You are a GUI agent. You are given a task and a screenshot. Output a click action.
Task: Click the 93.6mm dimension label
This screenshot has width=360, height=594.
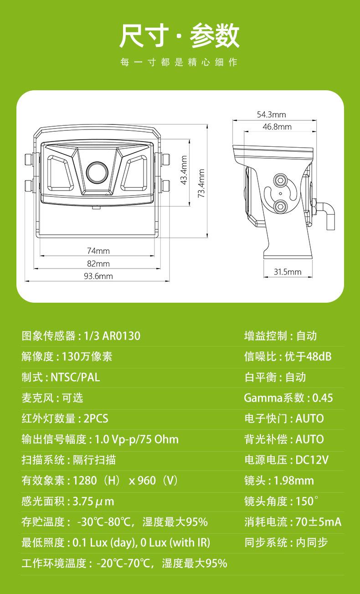pyautogui.click(x=98, y=276)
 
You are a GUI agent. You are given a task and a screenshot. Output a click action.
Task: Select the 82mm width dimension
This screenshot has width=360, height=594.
pyautogui.click(x=98, y=263)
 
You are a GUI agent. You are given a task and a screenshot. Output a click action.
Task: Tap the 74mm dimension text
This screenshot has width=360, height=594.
pyautogui.click(x=98, y=251)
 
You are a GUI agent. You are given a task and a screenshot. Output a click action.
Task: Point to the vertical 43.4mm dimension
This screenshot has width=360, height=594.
pyautogui.click(x=184, y=170)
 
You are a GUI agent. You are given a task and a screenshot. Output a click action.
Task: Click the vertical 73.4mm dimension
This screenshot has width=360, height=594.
pyautogui.click(x=201, y=183)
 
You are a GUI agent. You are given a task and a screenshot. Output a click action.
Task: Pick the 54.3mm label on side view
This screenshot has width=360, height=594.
pyautogui.click(x=272, y=114)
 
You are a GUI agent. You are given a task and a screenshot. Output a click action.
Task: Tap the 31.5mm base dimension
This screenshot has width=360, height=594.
pyautogui.click(x=288, y=272)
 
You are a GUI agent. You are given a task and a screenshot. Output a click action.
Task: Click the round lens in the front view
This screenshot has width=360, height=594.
pyautogui.click(x=97, y=172)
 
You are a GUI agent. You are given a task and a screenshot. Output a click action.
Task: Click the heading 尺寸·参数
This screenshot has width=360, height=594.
pyautogui.click(x=180, y=36)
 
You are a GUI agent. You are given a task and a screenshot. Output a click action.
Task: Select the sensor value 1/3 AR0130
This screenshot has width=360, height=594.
pyautogui.click(x=112, y=336)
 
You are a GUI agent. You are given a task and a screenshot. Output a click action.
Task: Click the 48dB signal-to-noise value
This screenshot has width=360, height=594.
pyautogui.click(x=319, y=356)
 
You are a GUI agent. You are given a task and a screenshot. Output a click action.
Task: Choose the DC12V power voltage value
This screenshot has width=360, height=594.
pyautogui.click(x=312, y=460)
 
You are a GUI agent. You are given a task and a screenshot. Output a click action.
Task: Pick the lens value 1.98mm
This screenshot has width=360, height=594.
pyautogui.click(x=293, y=480)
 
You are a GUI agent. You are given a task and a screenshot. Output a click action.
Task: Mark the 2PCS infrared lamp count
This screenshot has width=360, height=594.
pyautogui.click(x=96, y=418)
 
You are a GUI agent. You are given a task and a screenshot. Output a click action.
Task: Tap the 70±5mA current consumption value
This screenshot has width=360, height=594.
pyautogui.click(x=318, y=522)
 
